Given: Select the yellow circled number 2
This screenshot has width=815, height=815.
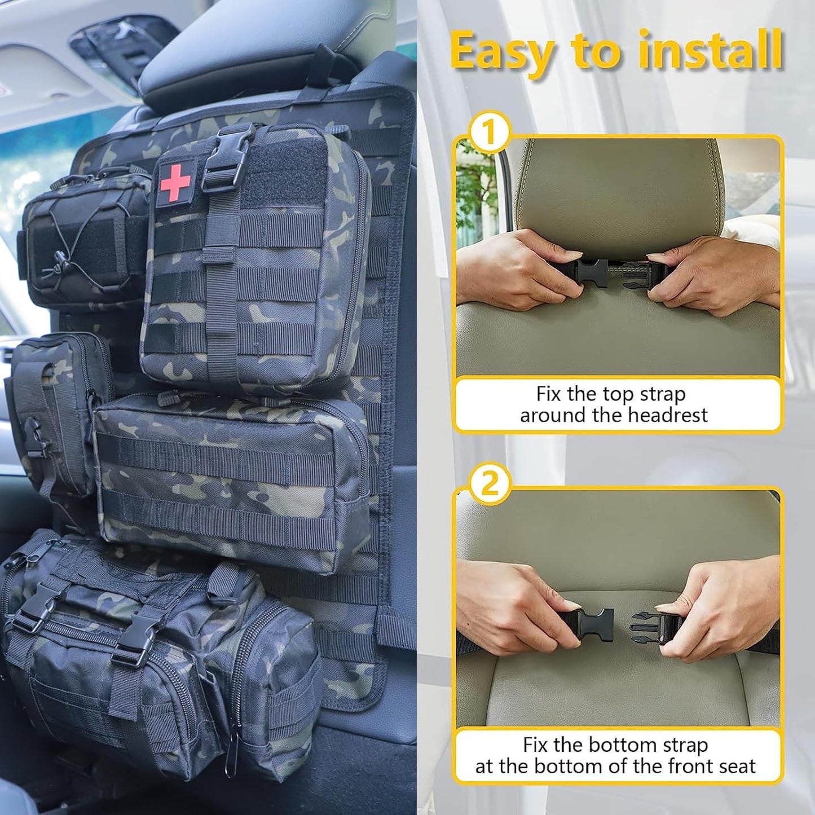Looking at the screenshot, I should pyautogui.click(x=489, y=484).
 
